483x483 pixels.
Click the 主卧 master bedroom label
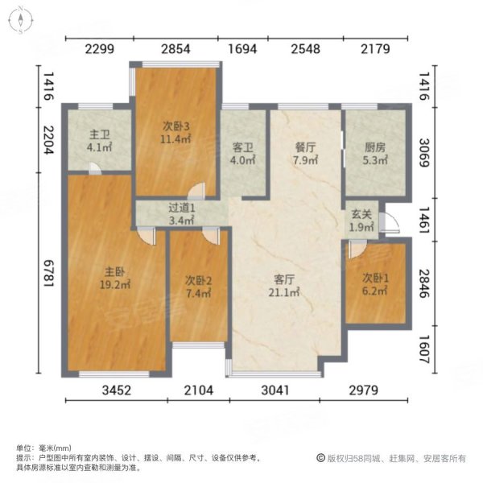click(x=113, y=271)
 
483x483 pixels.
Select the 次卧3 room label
click(x=176, y=126)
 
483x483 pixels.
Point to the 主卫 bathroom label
click(x=99, y=134)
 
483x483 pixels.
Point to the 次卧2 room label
click(x=198, y=281)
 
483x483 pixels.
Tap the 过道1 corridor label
click(x=181, y=208)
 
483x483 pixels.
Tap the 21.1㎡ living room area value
click(x=283, y=293)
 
